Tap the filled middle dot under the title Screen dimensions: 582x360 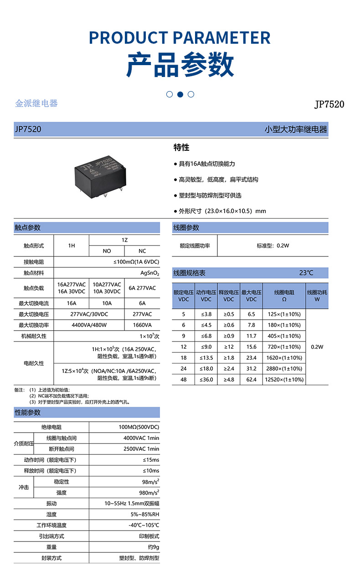pyautogui.click(x=180, y=94)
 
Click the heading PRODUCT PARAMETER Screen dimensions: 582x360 pyautogui.click(x=180, y=37)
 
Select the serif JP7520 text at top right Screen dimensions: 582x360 pyautogui.click(x=329, y=104)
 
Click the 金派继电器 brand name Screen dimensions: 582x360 pyautogui.click(x=36, y=103)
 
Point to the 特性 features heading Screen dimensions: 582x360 pyautogui.click(x=181, y=148)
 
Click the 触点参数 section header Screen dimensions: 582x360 pyautogui.click(x=28, y=228)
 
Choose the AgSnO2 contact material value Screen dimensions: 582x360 pyautogui.click(x=149, y=273)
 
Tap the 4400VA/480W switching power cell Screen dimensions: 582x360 pyautogui.click(x=89, y=325)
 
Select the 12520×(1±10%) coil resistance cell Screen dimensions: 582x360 pyautogui.click(x=284, y=379)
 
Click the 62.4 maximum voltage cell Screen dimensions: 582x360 pyautogui.click(x=251, y=379)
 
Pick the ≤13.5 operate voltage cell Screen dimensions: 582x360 pyautogui.click(x=206, y=357)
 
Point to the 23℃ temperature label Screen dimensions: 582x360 pyautogui.click(x=306, y=273)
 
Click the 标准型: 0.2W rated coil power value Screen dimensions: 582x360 pyautogui.click(x=273, y=245)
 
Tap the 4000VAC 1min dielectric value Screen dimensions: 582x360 pyautogui.click(x=141, y=438)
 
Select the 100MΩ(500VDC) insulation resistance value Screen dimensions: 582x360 pyautogui.click(x=139, y=427)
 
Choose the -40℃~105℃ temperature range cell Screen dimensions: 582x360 pyautogui.click(x=144, y=525)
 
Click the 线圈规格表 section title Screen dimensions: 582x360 pyautogui.click(x=189, y=273)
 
